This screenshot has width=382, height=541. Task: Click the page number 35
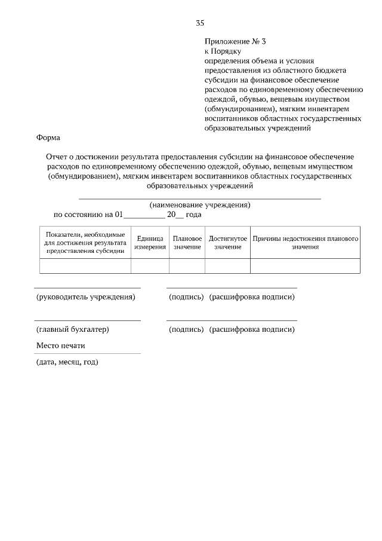pos(200,23)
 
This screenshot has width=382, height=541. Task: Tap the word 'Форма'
pos(48,137)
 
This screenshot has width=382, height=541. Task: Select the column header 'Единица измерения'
pos(150,242)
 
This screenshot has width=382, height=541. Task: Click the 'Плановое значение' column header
pos(187,242)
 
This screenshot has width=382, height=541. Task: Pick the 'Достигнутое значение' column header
pos(227,242)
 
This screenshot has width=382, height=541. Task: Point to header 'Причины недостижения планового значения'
pos(305,242)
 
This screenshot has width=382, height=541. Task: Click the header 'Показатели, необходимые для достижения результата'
pos(85,242)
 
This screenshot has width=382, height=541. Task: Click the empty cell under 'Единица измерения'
pos(150,265)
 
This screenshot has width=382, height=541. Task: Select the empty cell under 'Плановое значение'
pos(187,265)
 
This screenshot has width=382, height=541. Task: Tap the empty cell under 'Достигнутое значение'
pos(227,265)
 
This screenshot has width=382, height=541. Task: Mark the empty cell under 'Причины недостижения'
pos(305,265)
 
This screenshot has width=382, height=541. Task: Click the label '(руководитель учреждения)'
pos(85,297)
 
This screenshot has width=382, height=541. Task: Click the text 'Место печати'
pos(60,346)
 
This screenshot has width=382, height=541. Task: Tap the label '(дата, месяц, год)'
pos(67,362)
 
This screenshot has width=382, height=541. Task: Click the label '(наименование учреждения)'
pos(199,204)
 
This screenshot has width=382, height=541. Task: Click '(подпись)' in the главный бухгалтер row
pos(186,329)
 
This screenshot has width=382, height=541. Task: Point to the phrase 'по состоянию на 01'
pos(88,214)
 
